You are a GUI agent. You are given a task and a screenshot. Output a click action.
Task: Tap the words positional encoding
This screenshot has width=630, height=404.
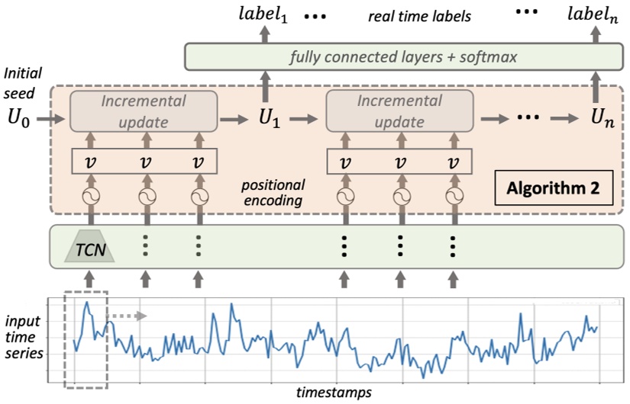[273, 192]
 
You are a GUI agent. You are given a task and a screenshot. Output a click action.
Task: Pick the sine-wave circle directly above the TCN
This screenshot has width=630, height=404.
[92, 197]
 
